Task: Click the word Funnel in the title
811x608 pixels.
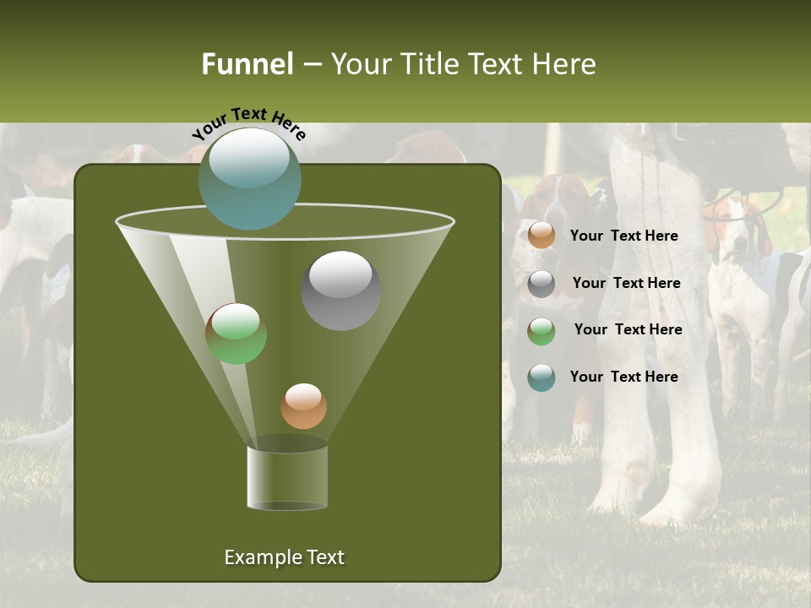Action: (247, 64)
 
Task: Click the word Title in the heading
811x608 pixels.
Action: (428, 64)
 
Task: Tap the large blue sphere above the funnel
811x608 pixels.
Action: (249, 178)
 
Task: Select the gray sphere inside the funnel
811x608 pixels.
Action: (340, 290)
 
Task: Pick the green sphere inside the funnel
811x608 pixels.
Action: (236, 334)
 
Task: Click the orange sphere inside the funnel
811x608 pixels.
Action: (303, 406)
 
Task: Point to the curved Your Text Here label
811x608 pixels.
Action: (248, 123)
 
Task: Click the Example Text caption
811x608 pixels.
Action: (284, 557)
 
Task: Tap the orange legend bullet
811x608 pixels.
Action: (542, 236)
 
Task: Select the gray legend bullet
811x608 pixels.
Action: (542, 284)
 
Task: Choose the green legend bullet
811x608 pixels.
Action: (542, 331)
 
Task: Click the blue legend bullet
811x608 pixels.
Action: (542, 377)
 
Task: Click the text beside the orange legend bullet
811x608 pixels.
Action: (623, 236)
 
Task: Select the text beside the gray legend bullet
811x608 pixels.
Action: (626, 284)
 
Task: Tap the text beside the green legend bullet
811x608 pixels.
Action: (628, 330)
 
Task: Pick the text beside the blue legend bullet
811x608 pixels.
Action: (623, 377)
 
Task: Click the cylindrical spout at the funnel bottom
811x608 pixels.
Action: (287, 477)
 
